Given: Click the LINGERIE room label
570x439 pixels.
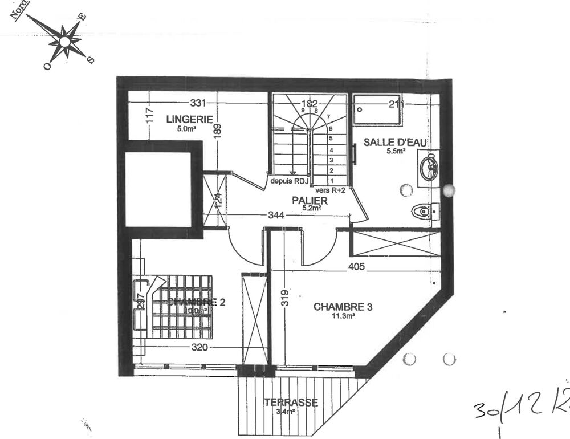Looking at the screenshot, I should click(189, 119).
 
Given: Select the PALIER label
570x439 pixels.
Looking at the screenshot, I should click(310, 201).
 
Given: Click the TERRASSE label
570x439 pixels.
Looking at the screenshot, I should click(291, 403).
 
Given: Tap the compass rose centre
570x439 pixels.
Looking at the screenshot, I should click(66, 41).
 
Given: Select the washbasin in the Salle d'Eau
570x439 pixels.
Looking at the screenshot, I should click(429, 167).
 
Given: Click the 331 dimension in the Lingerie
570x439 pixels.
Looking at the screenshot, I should click(197, 103).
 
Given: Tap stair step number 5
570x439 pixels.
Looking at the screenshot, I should click(331, 139).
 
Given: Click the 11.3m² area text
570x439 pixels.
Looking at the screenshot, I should click(343, 316).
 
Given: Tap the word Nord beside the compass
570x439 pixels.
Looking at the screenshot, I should click(23, 11).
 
